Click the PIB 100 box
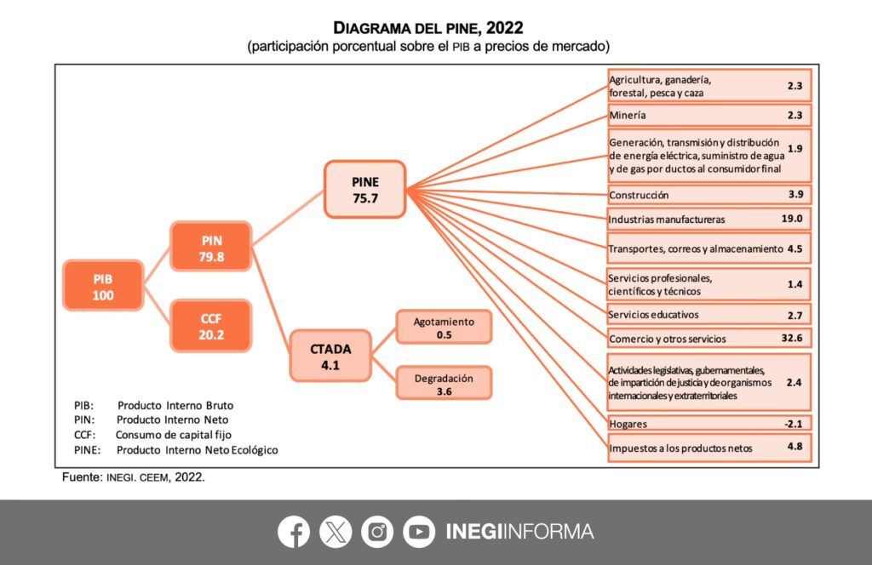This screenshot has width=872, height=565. (103, 287)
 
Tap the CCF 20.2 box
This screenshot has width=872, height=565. (210, 326)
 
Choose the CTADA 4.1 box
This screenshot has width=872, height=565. (330, 356)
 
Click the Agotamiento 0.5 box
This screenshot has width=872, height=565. (444, 328)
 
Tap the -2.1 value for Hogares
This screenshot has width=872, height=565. (795, 423)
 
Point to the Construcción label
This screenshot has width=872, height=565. (640, 195)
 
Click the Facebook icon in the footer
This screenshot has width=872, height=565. (294, 532)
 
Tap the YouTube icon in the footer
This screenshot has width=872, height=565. (419, 532)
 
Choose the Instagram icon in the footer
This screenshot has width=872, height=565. (377, 532)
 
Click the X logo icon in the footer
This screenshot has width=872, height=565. (336, 532)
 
